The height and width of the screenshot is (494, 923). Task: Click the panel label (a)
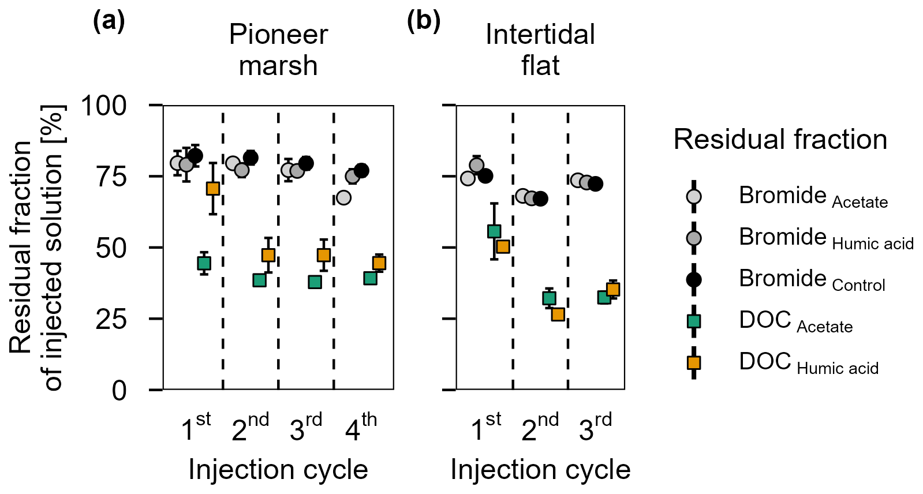(109, 21)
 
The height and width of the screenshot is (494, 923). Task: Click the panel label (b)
(424, 21)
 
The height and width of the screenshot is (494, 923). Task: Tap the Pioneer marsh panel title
(278, 50)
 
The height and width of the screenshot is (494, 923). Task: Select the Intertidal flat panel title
(540, 50)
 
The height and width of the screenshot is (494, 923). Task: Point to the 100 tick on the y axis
(104, 106)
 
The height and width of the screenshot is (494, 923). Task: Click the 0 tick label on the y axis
(119, 391)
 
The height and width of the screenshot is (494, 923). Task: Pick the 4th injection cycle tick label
(361, 428)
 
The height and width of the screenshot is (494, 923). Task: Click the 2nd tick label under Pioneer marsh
(250, 428)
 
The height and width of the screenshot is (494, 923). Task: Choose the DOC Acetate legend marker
(694, 321)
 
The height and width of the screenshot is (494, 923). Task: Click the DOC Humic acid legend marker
(694, 362)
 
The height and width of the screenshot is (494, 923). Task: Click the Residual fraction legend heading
(780, 140)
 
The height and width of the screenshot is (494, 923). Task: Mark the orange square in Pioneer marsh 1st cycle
(213, 189)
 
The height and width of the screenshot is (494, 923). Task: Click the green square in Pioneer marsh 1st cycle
(204, 263)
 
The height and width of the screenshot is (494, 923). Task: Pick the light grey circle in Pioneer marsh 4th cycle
(343, 197)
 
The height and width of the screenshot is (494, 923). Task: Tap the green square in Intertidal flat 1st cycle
(494, 231)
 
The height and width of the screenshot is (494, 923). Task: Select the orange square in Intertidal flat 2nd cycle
(558, 315)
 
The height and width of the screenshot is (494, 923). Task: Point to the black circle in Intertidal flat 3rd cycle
(596, 184)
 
